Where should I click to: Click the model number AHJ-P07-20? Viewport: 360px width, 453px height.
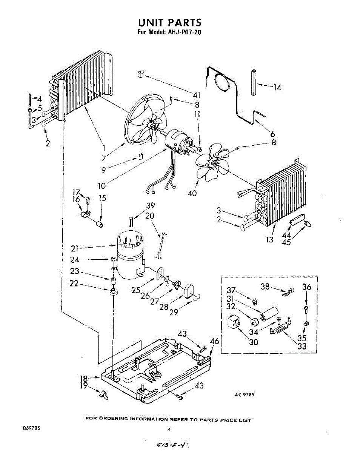click(184, 32)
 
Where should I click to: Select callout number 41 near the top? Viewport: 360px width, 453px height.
click(197, 94)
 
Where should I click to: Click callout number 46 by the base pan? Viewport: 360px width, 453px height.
click(214, 341)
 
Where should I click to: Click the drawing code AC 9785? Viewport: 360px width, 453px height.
click(244, 395)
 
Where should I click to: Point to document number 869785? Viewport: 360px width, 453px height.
click(31, 428)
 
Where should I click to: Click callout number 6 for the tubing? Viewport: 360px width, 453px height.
click(272, 133)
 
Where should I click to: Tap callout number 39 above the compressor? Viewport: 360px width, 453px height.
click(151, 206)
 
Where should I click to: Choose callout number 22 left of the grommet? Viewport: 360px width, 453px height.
click(74, 284)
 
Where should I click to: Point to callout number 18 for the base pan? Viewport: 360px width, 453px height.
click(84, 378)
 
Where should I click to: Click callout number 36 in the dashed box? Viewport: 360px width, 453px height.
click(306, 287)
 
